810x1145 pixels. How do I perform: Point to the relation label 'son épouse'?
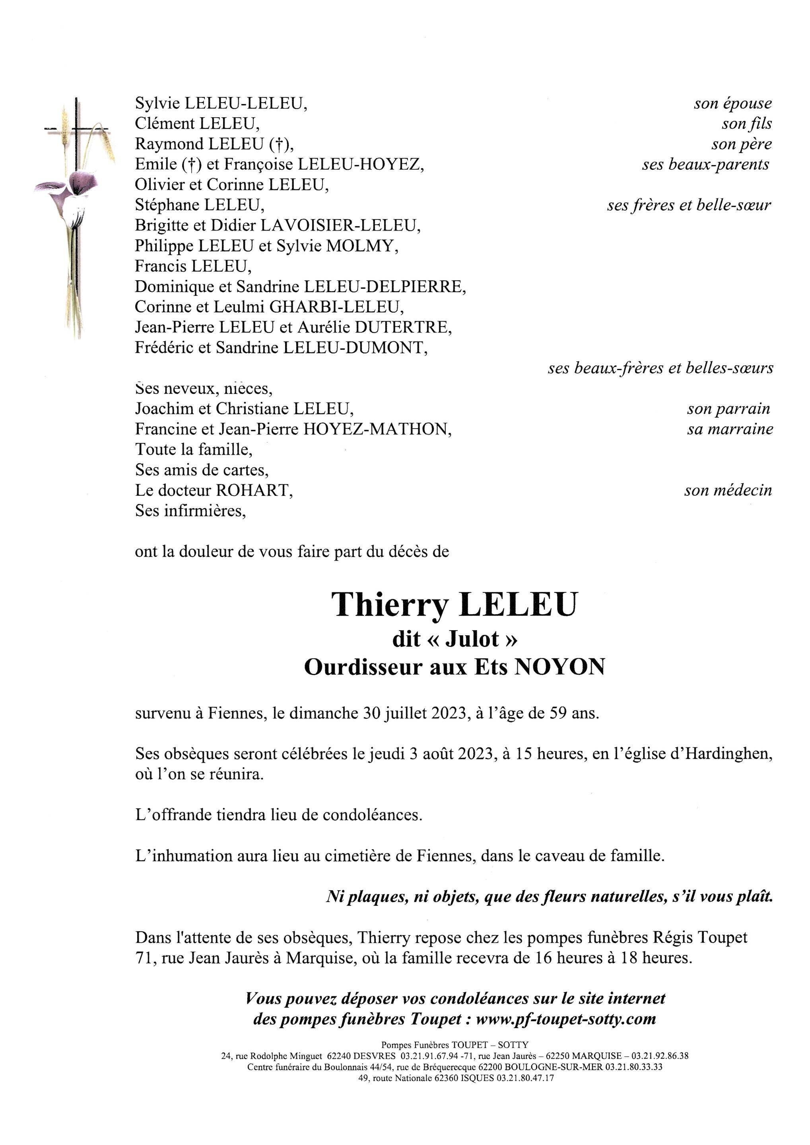click(x=732, y=104)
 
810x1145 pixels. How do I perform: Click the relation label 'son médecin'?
click(x=728, y=491)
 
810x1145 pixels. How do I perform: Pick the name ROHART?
click(x=253, y=491)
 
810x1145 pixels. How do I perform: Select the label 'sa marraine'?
click(x=730, y=429)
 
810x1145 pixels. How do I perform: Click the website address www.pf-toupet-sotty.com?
click(x=565, y=1019)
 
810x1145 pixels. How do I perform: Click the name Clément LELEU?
click(x=196, y=124)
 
